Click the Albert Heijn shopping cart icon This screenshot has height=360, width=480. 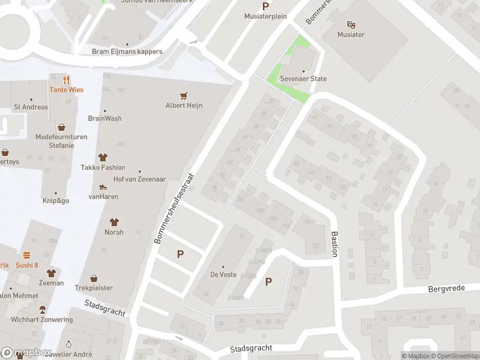pyautogui.click(x=184, y=95)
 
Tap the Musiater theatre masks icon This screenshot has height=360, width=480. pyautogui.click(x=351, y=25)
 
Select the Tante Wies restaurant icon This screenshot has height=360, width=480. pyautogui.click(x=66, y=80)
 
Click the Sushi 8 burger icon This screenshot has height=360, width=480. pyautogui.click(x=26, y=255)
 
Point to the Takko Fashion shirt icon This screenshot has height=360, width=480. pyautogui.click(x=103, y=158)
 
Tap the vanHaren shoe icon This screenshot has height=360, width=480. pyautogui.click(x=103, y=187)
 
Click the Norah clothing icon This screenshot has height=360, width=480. pyautogui.click(x=114, y=223)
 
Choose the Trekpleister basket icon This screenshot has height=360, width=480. pyautogui.click(x=94, y=278)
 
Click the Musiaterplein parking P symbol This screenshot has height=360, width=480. pyautogui.click(x=265, y=7)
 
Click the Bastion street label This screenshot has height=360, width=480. pyautogui.click(x=335, y=244)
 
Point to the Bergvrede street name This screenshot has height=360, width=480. pyautogui.click(x=447, y=289)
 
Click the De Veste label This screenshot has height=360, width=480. pyautogui.click(x=223, y=274)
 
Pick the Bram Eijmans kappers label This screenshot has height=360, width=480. pyautogui.click(x=127, y=52)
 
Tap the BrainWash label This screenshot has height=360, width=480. pyautogui.click(x=104, y=118)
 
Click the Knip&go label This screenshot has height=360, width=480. pyautogui.click(x=55, y=200)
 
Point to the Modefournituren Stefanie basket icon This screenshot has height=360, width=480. pyautogui.click(x=61, y=127)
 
